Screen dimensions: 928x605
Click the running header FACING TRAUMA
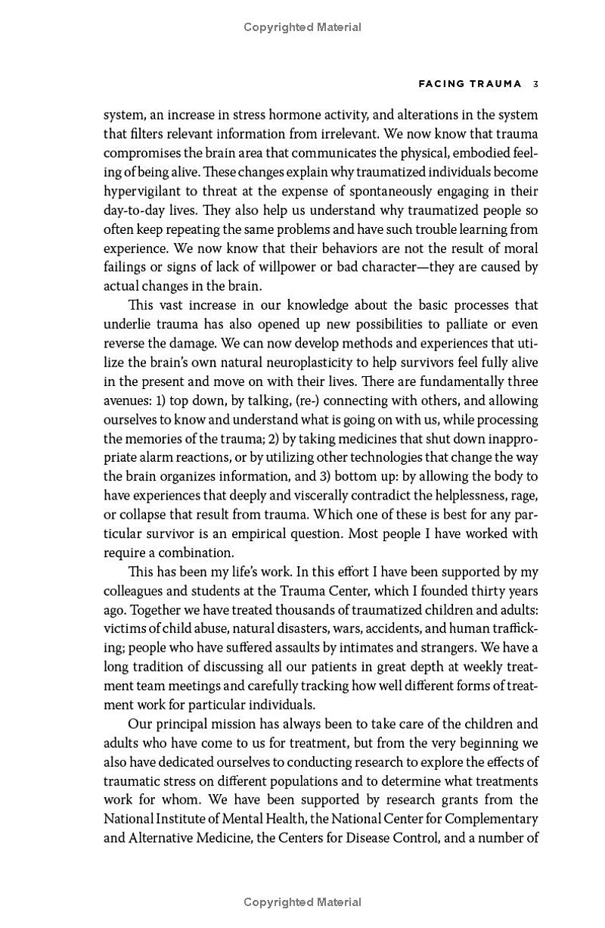[x=459, y=84]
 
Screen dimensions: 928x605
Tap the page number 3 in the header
[x=535, y=84]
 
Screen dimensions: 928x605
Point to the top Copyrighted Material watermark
[x=302, y=27]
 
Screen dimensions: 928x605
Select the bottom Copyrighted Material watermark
[x=302, y=902]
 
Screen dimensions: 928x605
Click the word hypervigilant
[x=144, y=191]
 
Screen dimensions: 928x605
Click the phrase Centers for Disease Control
[x=358, y=837]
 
